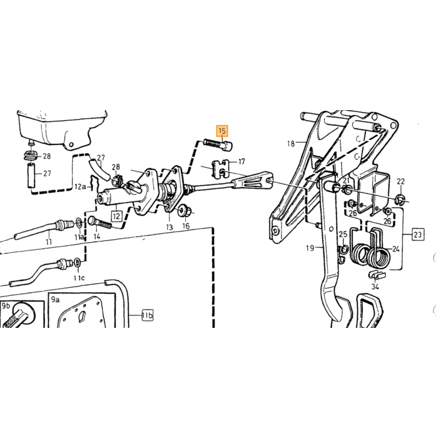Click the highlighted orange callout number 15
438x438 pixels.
pyautogui.click(x=222, y=131)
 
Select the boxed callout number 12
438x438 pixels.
pyautogui.click(x=116, y=216)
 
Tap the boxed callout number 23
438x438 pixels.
pyautogui.click(x=417, y=235)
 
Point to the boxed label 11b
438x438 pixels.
pyautogui.click(x=148, y=315)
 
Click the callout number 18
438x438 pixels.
pyautogui.click(x=291, y=143)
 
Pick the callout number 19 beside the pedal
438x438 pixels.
pyautogui.click(x=310, y=248)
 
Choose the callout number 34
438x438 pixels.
pyautogui.click(x=375, y=287)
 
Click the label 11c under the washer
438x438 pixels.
pyautogui.click(x=79, y=278)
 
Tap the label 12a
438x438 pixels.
pyautogui.click(x=80, y=186)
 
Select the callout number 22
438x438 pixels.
pyautogui.click(x=400, y=181)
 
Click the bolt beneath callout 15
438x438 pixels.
pyautogui.click(x=216, y=145)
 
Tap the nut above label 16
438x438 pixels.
pyautogui.click(x=185, y=211)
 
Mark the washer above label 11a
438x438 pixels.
pyautogui.click(x=79, y=223)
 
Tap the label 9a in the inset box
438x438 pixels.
pyautogui.click(x=55, y=300)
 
